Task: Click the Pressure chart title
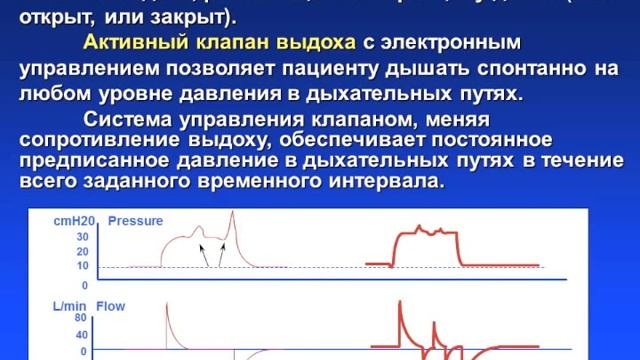[x=136, y=220]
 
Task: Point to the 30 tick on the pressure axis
[x=82, y=237]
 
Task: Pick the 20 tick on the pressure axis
[x=82, y=251]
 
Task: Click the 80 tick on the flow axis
[x=83, y=319]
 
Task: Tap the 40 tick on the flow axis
[x=83, y=335]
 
